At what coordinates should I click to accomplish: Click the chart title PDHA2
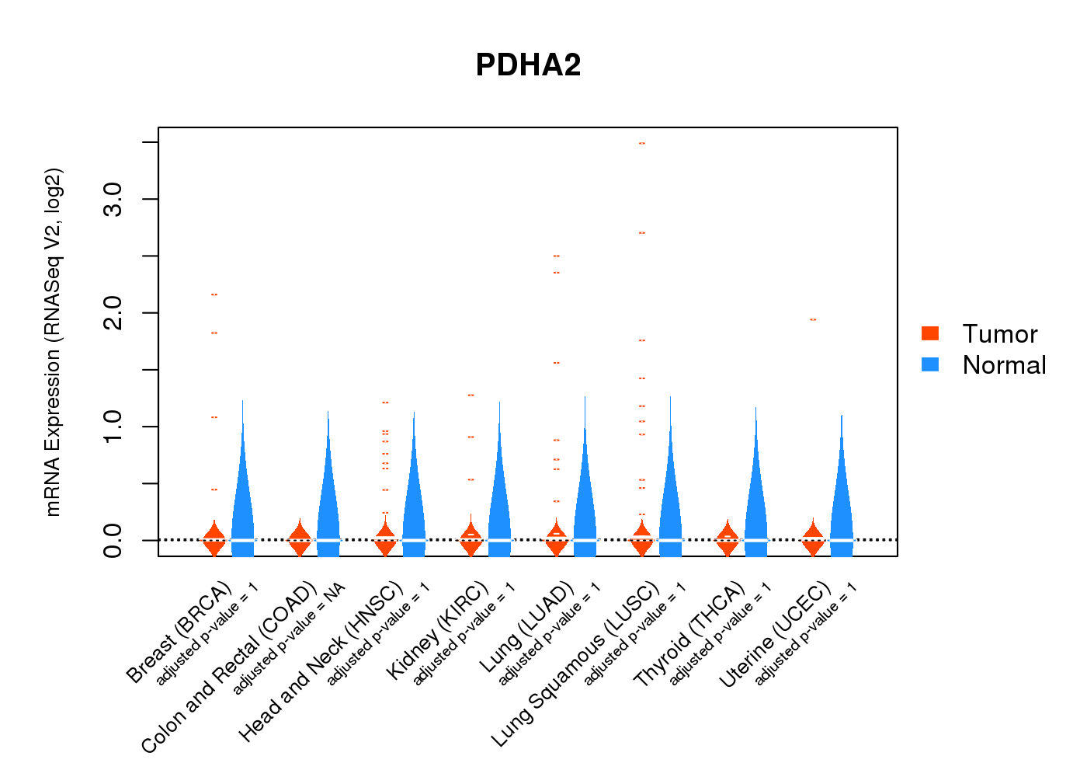pos(528,65)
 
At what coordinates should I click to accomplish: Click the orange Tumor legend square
pos(930,333)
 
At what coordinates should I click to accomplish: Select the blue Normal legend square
pos(930,364)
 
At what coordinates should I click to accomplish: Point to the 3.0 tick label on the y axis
pos(113,200)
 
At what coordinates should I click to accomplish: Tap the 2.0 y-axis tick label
pos(113,313)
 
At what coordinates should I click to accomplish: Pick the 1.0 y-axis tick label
pos(113,427)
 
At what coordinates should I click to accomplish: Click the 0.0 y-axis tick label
pos(113,540)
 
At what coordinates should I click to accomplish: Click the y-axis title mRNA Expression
pos(53,342)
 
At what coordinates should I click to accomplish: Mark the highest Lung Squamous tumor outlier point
pos(642,144)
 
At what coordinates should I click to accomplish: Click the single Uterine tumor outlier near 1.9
pos(813,319)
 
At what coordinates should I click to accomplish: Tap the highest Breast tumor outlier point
pos(214,294)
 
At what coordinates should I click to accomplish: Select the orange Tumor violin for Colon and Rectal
pos(300,538)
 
